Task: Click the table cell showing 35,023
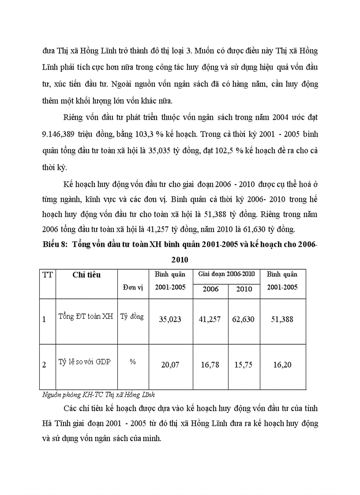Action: [x=170, y=319]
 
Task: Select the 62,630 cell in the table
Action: [x=243, y=319]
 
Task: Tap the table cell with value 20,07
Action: [x=170, y=365]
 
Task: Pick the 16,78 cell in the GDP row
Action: [x=210, y=365]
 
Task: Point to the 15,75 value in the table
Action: [x=243, y=365]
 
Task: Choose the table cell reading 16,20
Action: [x=282, y=365]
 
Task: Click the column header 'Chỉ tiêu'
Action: [x=86, y=275]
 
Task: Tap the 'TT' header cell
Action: [x=47, y=275]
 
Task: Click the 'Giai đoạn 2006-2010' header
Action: [x=226, y=274]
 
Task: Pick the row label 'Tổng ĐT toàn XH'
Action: [x=86, y=316]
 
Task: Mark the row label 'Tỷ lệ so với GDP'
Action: [x=85, y=362]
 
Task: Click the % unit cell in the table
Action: [x=132, y=362]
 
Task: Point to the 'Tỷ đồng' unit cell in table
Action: [x=132, y=316]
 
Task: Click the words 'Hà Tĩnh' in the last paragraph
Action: [x=54, y=423]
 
